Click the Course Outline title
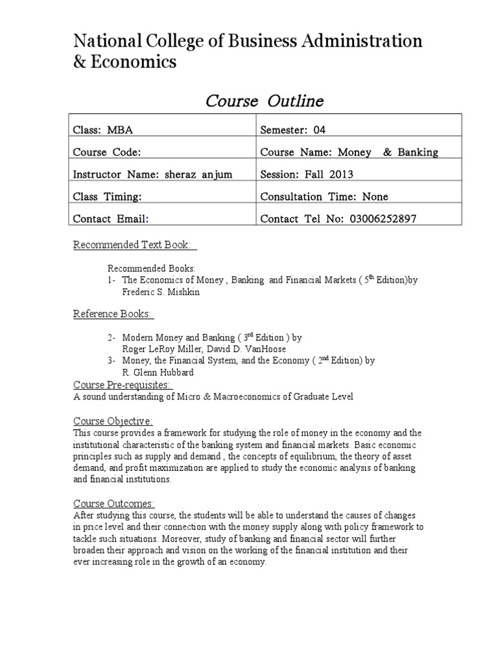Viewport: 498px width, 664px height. coord(264,102)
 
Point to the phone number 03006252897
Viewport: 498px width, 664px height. coord(381,219)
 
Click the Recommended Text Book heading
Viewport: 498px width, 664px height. coord(135,244)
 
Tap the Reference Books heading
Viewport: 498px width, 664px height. coord(113,314)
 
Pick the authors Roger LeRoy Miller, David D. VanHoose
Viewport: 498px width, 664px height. coord(199,348)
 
